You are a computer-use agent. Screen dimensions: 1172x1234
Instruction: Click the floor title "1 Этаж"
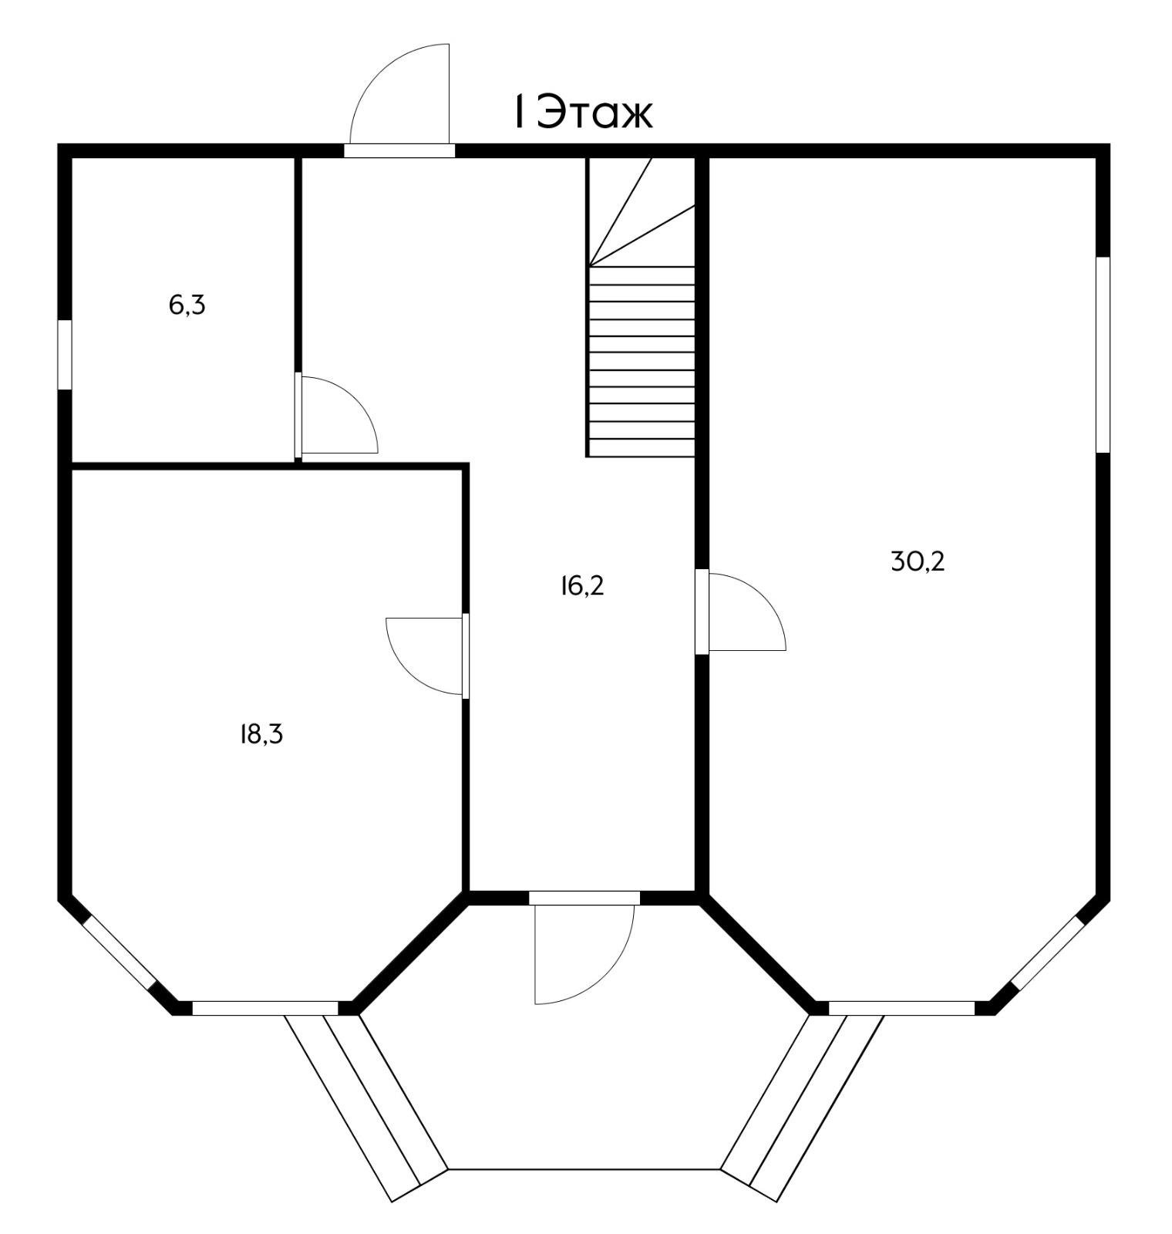coord(583,113)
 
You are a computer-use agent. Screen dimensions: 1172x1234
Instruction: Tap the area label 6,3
coord(187,305)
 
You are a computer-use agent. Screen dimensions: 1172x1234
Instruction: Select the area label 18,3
coord(261,734)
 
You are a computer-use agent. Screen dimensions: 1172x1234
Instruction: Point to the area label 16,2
coord(582,586)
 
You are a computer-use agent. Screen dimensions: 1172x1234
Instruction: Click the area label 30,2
coord(918,561)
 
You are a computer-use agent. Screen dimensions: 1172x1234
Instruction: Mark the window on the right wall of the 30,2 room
coord(1103,354)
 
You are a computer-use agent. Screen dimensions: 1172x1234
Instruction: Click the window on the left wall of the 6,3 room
coord(65,354)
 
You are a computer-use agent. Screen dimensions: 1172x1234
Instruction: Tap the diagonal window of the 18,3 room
coord(120,951)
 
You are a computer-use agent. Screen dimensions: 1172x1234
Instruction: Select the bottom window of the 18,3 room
coord(265,1008)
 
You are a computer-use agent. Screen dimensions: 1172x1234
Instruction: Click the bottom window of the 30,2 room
coord(901,1008)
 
